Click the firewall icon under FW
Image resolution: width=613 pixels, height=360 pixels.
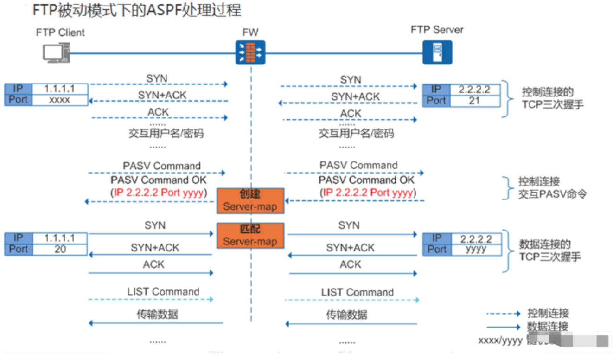[251, 52]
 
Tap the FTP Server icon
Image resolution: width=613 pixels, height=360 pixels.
[437, 52]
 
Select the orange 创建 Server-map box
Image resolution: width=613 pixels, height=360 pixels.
[250, 200]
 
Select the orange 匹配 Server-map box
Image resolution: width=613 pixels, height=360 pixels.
[250, 235]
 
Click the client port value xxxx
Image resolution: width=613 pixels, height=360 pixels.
[59, 100]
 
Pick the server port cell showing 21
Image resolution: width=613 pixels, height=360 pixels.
[474, 101]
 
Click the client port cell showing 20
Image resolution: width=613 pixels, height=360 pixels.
[59, 249]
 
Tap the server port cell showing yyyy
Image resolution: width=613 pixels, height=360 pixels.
[475, 249]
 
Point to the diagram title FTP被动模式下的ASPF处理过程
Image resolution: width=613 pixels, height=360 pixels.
[137, 10]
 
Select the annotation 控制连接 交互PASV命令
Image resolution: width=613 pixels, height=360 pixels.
[552, 187]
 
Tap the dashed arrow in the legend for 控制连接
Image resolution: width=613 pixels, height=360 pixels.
[503, 314]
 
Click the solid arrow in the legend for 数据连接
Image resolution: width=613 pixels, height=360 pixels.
[503, 327]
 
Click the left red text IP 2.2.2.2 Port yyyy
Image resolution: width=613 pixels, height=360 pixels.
[158, 193]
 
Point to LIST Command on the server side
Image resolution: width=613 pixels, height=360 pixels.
[357, 292]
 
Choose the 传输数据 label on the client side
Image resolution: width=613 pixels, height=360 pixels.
[157, 314]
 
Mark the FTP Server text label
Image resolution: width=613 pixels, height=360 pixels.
[437, 30]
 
